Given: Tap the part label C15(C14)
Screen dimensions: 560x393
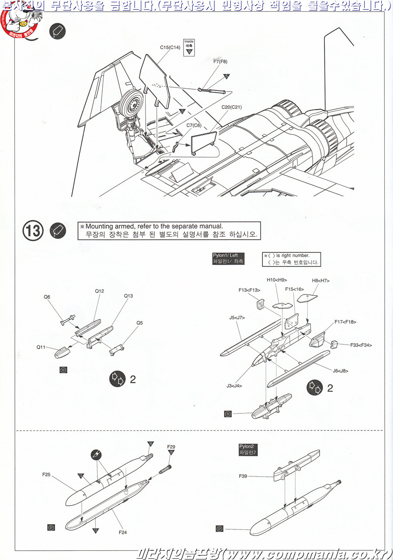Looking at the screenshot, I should tap(170, 46).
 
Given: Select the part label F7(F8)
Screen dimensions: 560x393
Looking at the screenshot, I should tap(220, 62).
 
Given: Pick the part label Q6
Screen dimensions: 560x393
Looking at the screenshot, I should tap(47, 297).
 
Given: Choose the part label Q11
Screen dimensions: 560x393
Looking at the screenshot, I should tap(42, 347).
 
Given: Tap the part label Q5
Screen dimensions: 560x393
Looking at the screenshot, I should tap(139, 323).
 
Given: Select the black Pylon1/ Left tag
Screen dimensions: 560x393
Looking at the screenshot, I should tap(228, 259).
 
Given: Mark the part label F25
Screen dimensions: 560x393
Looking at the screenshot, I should tap(47, 474).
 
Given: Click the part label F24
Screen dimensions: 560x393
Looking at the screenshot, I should tap(123, 532).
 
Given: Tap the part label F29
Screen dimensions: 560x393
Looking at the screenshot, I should tap(171, 447).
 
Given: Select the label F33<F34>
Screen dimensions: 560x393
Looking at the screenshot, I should tap(361, 345).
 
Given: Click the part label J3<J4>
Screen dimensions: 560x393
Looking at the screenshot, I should tap(234, 385).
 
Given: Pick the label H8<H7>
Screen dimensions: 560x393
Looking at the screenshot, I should tap(320, 280).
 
